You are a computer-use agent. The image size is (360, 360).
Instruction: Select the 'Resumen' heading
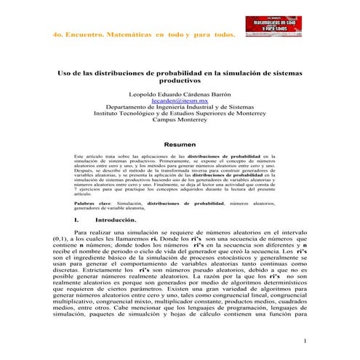pos(180,144)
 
